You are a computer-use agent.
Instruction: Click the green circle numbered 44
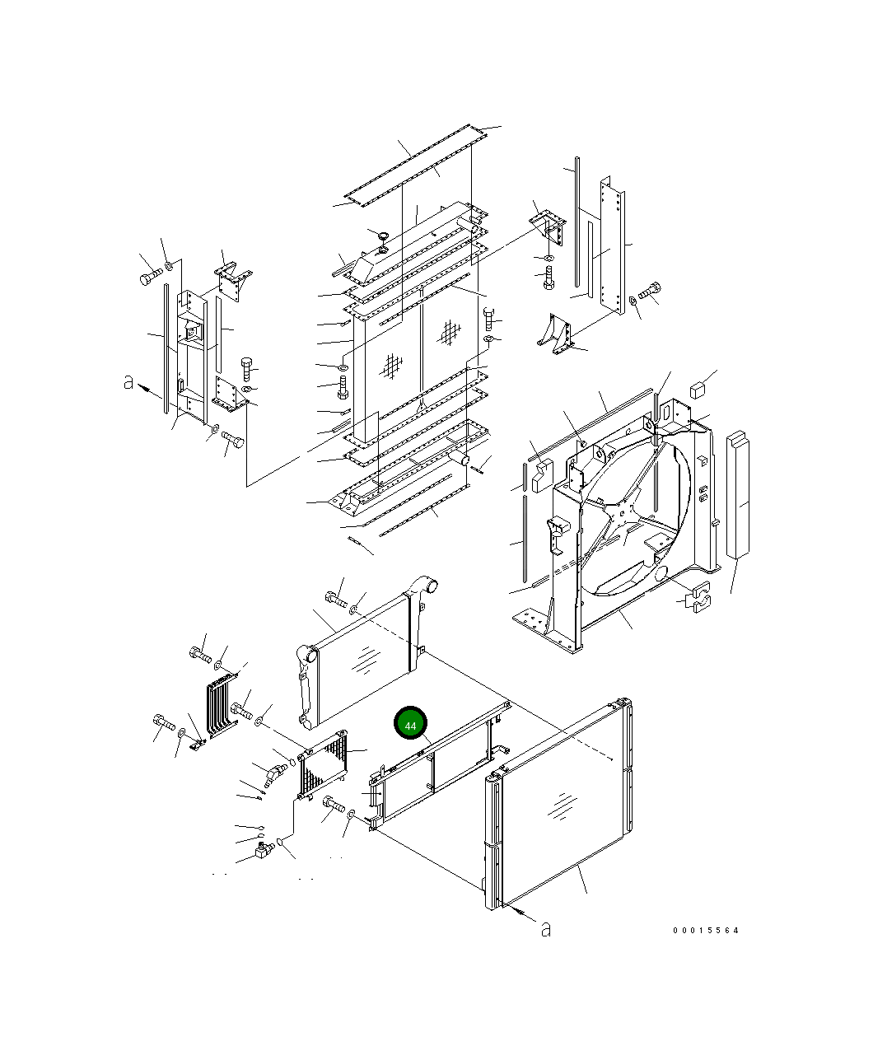pos(411,723)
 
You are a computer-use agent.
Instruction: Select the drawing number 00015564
pos(706,931)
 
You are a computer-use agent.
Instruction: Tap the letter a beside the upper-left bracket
pos(128,382)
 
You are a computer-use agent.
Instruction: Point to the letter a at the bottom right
pos(545,929)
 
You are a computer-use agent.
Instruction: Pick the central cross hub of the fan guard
pos(621,515)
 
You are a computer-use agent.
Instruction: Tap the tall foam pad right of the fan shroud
pos(738,494)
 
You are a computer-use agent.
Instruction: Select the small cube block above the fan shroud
pos(698,390)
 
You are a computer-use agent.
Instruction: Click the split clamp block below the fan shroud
pos(698,597)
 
